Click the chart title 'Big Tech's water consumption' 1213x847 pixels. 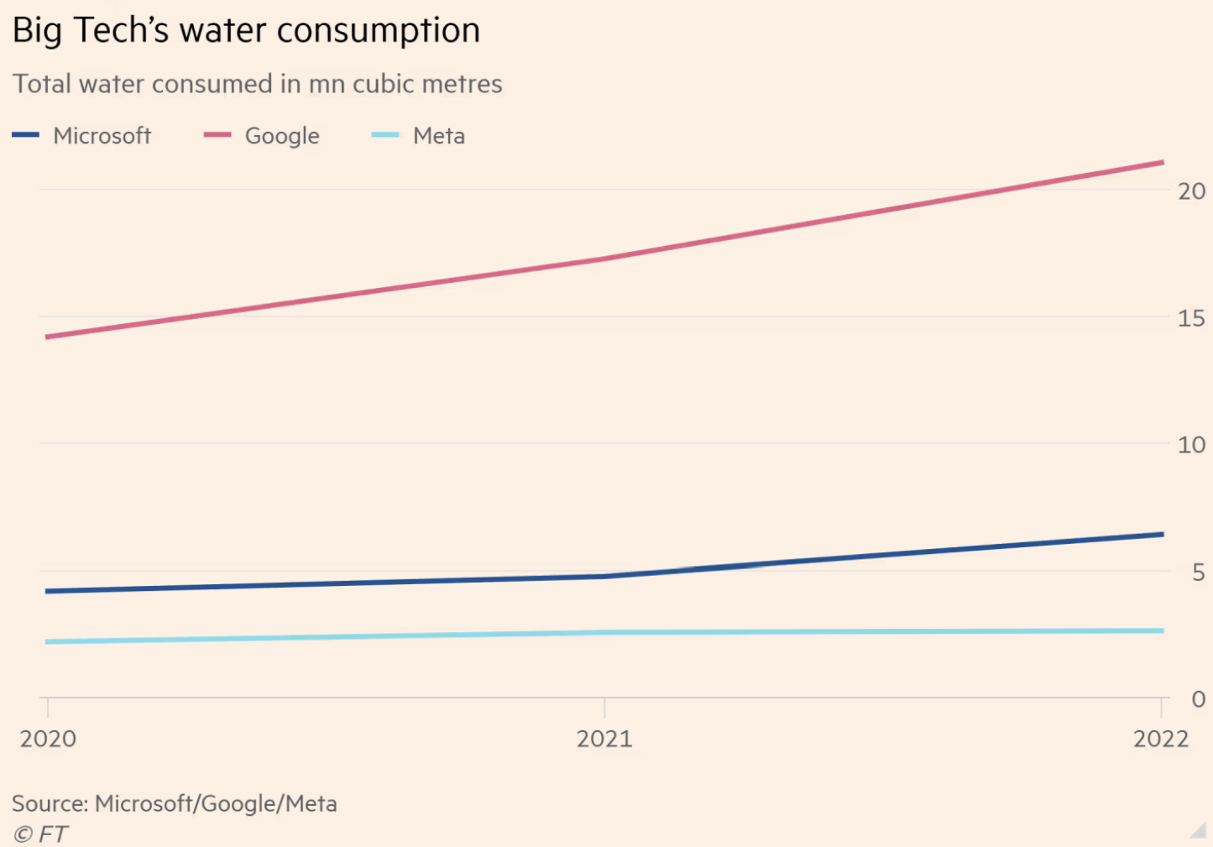click(246, 31)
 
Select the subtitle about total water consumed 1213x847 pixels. click(257, 84)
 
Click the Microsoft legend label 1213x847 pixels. click(102, 135)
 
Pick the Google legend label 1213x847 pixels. click(282, 135)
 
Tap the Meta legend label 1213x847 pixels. click(438, 135)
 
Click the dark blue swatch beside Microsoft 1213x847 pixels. click(26, 134)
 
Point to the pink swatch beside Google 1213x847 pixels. click(217, 134)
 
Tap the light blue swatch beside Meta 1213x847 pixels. click(385, 134)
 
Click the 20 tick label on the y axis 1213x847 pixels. click(1191, 191)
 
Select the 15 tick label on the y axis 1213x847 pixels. click(1191, 318)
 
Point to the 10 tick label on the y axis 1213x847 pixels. click(1191, 445)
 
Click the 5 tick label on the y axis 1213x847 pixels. click(1198, 573)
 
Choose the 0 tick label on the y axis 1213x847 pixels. click(1198, 698)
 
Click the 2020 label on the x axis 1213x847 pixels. click(48, 739)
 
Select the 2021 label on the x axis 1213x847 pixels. click(604, 739)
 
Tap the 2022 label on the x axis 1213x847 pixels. click(1161, 739)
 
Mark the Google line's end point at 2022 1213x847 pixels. click(1162, 162)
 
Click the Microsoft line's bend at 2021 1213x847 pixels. click(604, 577)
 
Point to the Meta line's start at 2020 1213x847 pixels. click(48, 641)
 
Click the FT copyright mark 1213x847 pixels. click(40, 834)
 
